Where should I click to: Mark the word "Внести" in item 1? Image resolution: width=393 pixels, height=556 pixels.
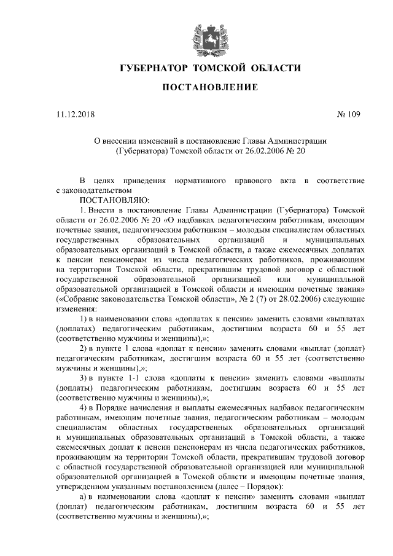tap(108, 210)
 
